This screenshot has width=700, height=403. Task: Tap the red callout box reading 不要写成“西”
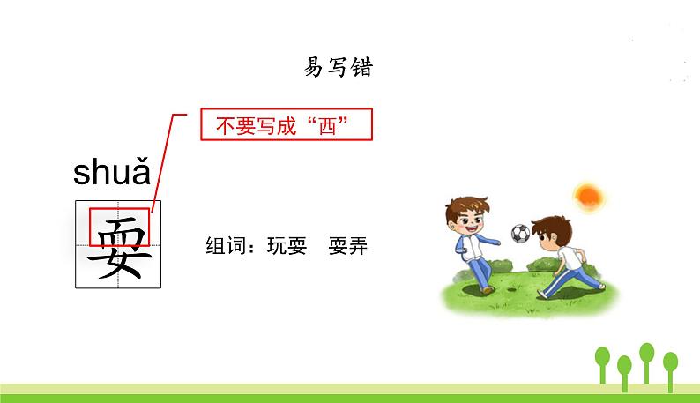tap(287, 125)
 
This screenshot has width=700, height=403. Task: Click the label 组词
tap(223, 245)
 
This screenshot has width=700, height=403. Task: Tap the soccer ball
tap(520, 234)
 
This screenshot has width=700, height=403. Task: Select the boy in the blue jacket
tap(472, 247)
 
